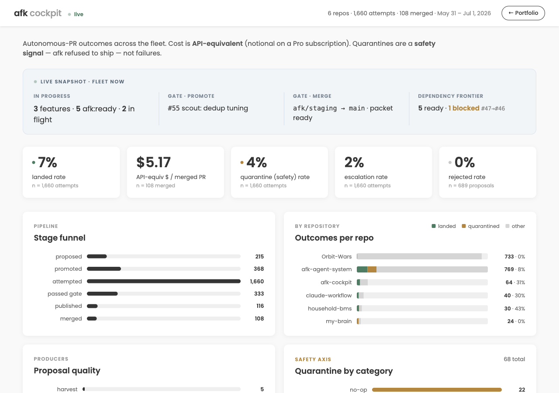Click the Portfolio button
523,13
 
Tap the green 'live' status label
79,14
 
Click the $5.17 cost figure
153,162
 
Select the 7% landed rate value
48,162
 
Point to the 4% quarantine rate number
256,162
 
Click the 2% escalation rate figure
354,162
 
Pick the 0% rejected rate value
464,162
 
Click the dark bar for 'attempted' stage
164,281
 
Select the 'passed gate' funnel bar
102,294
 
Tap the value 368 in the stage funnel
259,269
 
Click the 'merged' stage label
71,319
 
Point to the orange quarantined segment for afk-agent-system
372,269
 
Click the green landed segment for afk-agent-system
362,269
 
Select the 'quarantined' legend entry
481,226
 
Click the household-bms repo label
330,308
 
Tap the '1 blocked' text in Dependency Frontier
464,108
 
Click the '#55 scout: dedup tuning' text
208,108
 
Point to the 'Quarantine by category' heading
344,371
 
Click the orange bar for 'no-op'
437,390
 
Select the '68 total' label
514,359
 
